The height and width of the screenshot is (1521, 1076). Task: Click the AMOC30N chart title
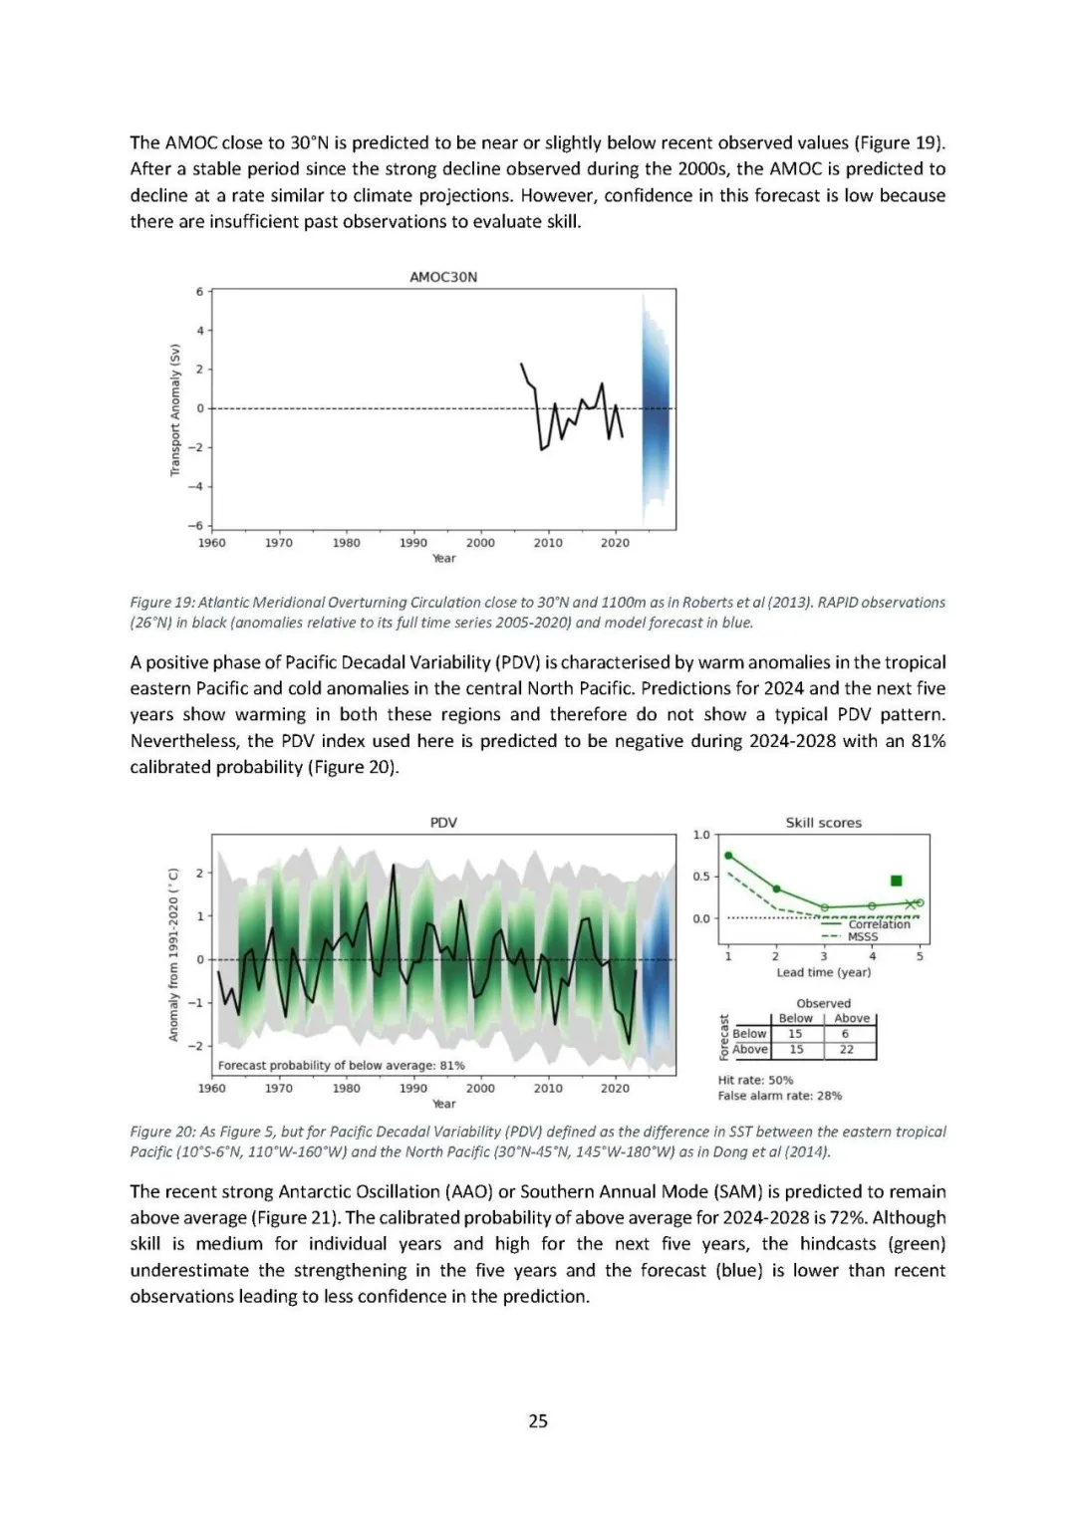pyautogui.click(x=443, y=277)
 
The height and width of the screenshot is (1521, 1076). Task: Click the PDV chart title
pyautogui.click(x=443, y=823)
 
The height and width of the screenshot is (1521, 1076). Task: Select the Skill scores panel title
pyautogui.click(x=823, y=823)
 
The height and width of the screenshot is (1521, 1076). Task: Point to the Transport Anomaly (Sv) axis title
pyautogui.click(x=175, y=409)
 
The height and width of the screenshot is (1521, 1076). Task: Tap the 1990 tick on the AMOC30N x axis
pyautogui.click(x=413, y=543)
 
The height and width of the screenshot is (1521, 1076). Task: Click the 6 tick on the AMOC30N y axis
pyautogui.click(x=199, y=292)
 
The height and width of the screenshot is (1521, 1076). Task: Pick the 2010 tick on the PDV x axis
pyautogui.click(x=548, y=1089)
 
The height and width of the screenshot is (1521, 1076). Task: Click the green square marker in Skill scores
pyautogui.click(x=896, y=881)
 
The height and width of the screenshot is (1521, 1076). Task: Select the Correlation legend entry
pyautogui.click(x=879, y=924)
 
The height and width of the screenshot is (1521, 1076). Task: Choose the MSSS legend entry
pyautogui.click(x=863, y=937)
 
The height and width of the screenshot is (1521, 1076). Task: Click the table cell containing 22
pyautogui.click(x=846, y=1049)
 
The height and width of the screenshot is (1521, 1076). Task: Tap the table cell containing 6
pyautogui.click(x=845, y=1034)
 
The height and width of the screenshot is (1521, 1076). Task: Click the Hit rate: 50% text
pyautogui.click(x=755, y=1080)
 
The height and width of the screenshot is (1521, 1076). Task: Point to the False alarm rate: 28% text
pyautogui.click(x=779, y=1096)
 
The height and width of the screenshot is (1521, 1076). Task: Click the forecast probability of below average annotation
pyautogui.click(x=341, y=1065)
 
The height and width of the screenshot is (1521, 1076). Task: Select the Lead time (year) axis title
pyautogui.click(x=823, y=972)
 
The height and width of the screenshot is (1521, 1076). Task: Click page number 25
pyautogui.click(x=538, y=1420)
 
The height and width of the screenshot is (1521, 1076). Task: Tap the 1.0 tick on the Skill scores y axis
pyautogui.click(x=701, y=835)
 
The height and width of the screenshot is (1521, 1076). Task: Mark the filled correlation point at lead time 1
pyautogui.click(x=728, y=856)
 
